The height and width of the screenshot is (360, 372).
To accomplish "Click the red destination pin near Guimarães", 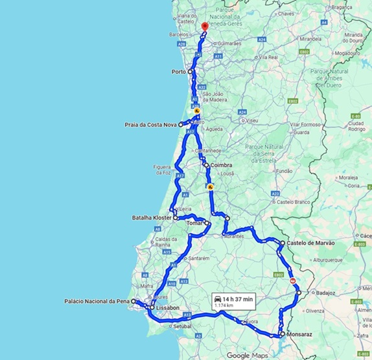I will point(204,26).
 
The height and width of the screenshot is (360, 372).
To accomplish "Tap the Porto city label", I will point(178,72).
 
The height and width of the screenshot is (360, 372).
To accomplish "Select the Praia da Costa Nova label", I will point(151,124).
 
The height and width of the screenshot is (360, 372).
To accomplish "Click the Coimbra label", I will point(220,165).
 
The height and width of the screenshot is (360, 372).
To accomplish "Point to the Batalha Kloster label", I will point(152,218).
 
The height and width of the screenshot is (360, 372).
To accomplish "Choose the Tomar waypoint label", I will point(194,223).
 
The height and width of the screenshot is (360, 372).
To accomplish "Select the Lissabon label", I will point(167,308).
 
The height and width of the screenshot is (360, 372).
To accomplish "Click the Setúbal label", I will point(185,327).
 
